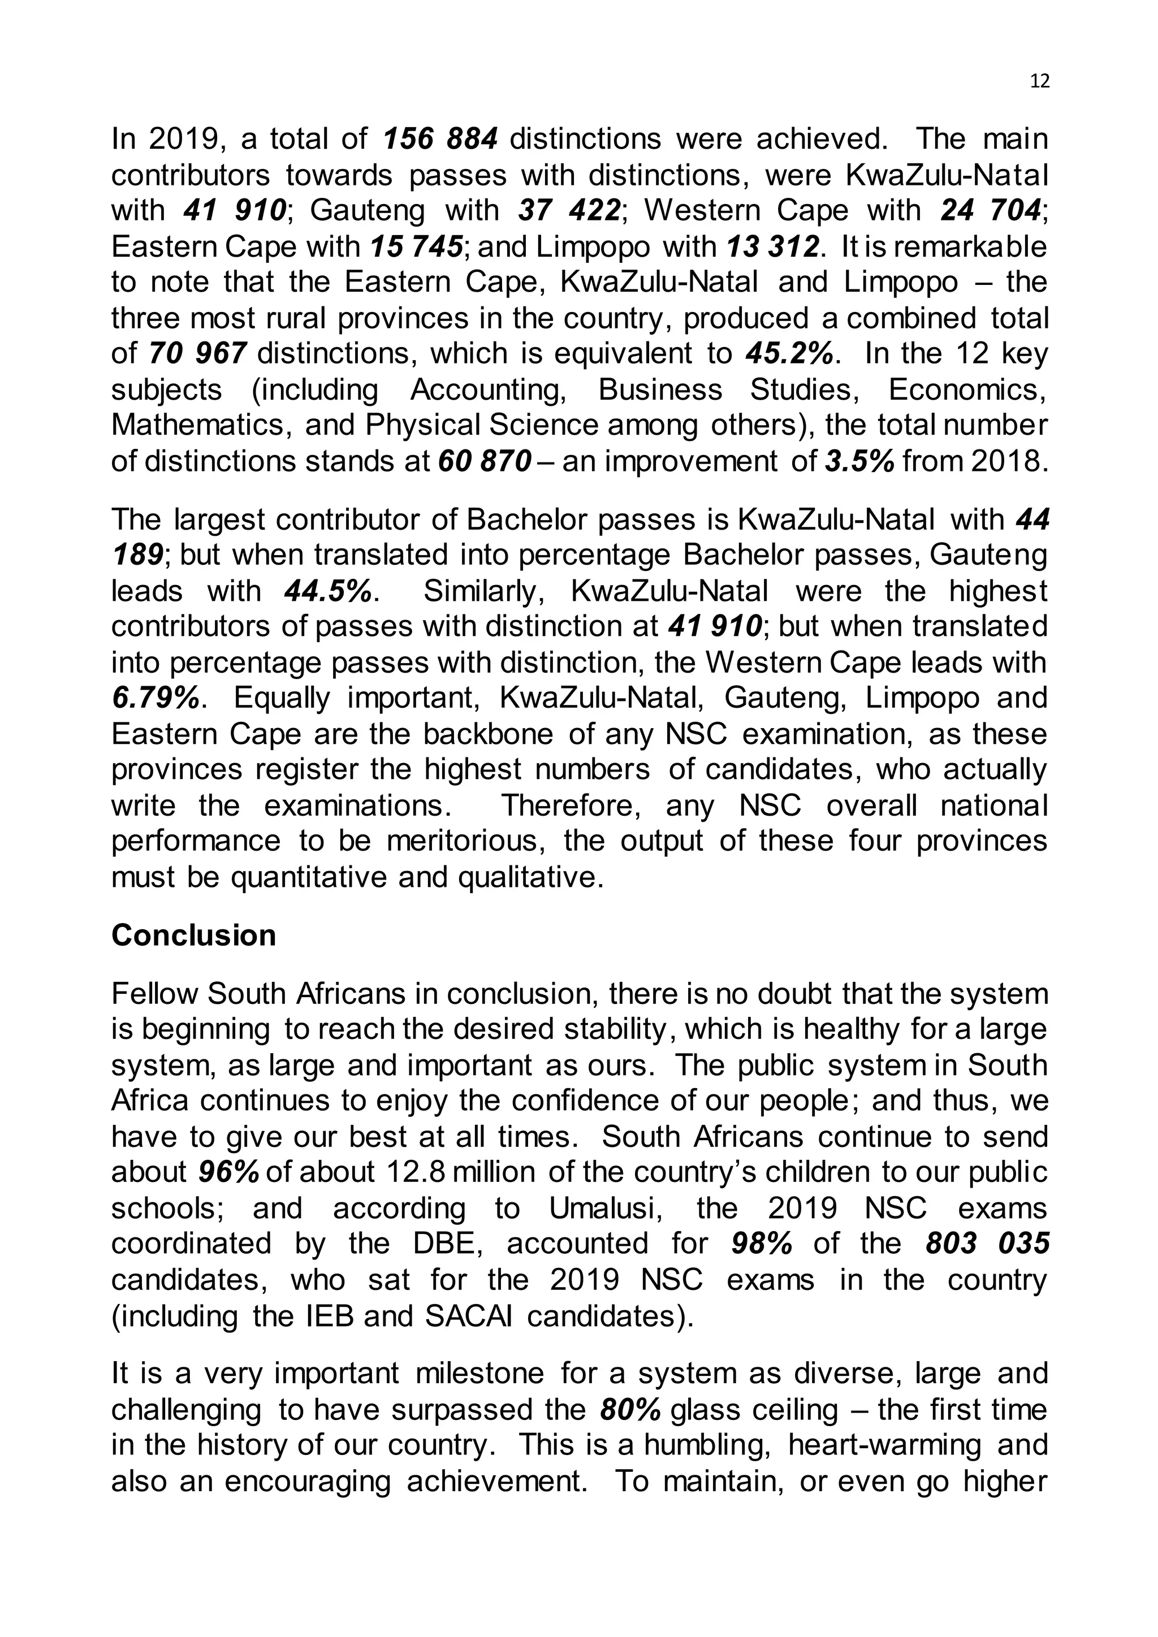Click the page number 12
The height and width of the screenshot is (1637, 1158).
1040,81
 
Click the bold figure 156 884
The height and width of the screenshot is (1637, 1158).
439,139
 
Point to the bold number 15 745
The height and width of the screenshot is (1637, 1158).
416,246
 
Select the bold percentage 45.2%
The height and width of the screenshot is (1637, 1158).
789,354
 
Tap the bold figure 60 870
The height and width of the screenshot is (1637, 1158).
484,461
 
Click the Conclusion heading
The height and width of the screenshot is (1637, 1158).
193,936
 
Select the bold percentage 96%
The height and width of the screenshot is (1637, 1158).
228,1173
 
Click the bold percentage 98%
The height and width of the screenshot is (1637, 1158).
762,1244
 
